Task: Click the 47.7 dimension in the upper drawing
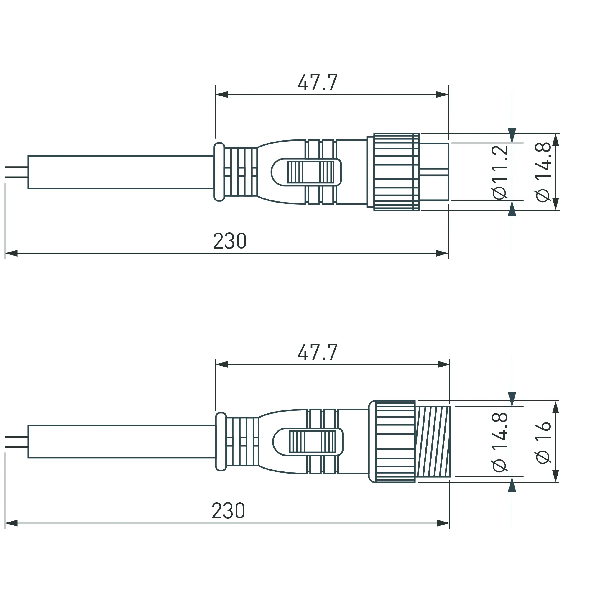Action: tap(318, 83)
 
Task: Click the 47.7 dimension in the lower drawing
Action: tap(318, 352)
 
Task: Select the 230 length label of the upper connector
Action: tap(230, 241)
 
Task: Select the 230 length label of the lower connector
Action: tap(229, 511)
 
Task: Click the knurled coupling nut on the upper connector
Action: tap(396, 172)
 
